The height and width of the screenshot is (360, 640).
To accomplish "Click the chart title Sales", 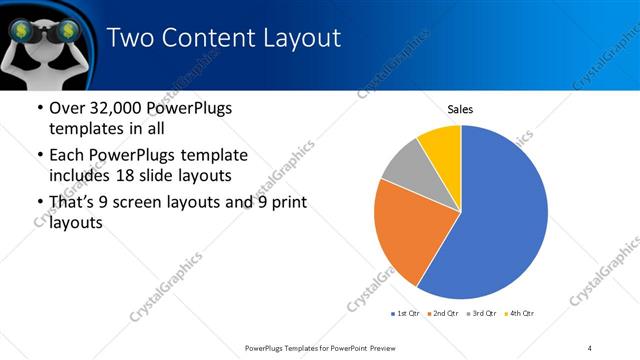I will [460, 109].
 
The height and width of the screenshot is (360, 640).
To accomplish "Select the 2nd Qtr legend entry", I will [444, 313].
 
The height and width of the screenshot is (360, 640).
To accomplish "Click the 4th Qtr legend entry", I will [521, 313].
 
